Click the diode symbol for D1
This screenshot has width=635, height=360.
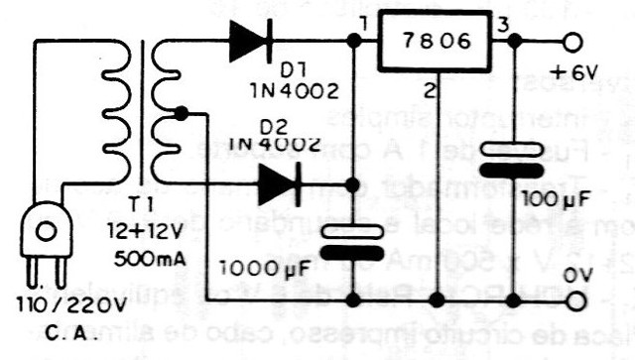[248, 42]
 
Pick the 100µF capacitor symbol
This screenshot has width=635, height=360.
[516, 158]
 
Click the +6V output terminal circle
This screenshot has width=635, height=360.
[571, 44]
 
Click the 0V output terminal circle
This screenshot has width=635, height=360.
[572, 299]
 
